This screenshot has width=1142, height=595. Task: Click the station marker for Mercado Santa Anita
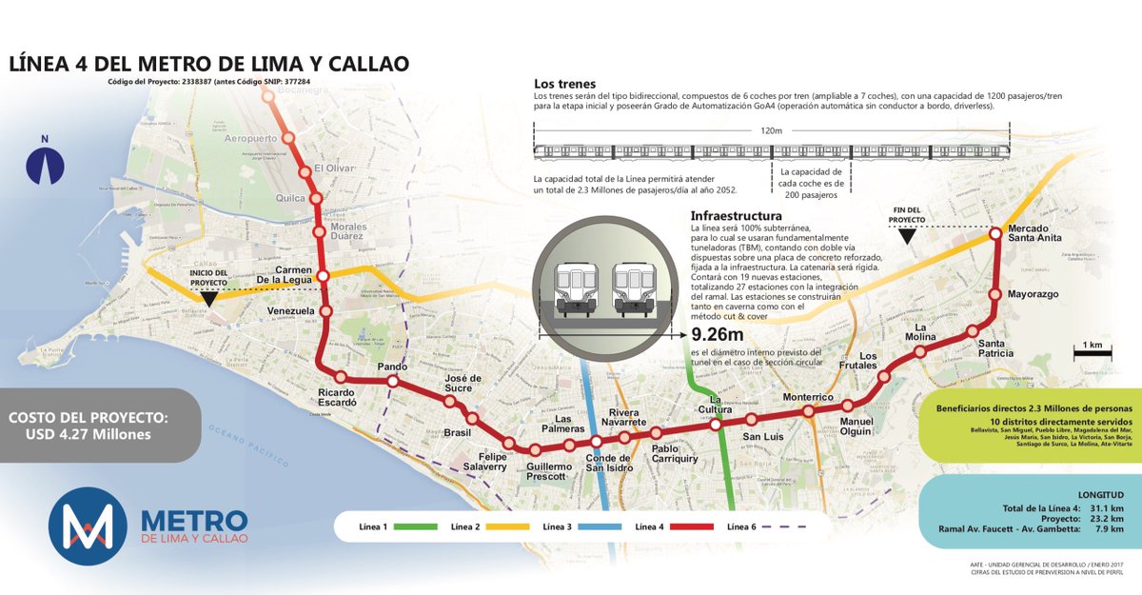994,232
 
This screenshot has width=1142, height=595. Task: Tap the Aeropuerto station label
250,139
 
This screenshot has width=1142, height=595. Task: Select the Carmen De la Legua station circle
323,276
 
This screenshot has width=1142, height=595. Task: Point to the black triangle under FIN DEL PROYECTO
909,236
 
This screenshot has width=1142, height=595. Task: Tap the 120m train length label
773,132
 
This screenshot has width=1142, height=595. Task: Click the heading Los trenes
564,84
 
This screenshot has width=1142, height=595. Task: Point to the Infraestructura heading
737,215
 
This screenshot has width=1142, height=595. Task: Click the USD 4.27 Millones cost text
88,436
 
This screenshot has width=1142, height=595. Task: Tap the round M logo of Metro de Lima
88,526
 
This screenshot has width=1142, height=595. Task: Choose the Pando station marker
392,382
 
